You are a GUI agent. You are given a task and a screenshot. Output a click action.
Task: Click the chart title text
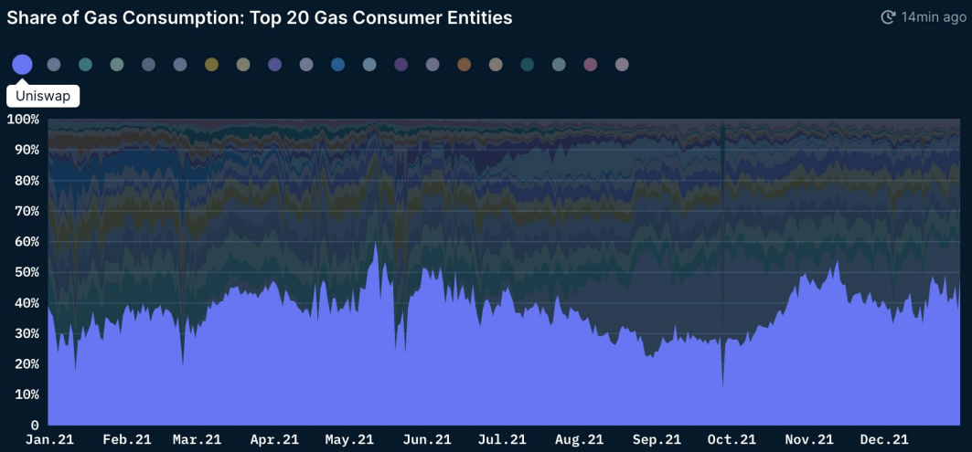[259, 17]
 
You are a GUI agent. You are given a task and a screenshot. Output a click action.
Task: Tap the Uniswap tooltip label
[43, 96]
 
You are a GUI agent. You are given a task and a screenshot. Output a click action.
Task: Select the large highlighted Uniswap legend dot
[22, 65]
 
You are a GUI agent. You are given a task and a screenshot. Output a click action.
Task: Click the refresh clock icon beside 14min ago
[888, 17]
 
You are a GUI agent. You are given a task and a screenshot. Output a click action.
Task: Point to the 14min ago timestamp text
[934, 17]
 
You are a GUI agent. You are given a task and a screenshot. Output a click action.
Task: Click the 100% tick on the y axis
[23, 120]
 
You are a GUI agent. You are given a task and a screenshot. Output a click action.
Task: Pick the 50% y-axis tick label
[26, 272]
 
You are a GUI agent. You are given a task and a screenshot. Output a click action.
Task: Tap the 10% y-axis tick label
[26, 394]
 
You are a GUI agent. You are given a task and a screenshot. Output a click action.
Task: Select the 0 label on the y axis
[35, 426]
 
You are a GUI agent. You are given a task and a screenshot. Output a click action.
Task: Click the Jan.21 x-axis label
[49, 439]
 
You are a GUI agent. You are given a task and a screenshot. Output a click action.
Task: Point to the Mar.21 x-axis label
[198, 439]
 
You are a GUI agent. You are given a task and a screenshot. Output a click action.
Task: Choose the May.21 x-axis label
[349, 439]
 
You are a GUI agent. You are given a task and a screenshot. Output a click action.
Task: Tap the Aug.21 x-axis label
[579, 439]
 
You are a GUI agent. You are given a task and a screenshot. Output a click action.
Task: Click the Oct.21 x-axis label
[732, 439]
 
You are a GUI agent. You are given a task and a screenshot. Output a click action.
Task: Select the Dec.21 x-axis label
[884, 439]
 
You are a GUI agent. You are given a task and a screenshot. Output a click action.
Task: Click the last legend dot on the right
[622, 65]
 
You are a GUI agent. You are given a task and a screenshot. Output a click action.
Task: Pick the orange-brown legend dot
[465, 65]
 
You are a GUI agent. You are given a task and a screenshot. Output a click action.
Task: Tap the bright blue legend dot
[337, 65]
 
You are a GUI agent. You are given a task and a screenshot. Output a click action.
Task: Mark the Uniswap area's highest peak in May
[375, 242]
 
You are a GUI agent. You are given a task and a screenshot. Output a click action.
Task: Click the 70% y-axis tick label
[26, 211]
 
